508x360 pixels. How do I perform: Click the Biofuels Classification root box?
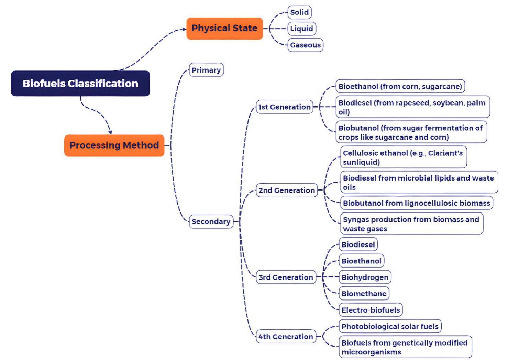click(80, 84)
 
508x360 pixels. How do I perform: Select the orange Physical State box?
click(224, 28)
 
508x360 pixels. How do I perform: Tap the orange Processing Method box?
click(114, 145)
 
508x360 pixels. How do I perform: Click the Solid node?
click(299, 12)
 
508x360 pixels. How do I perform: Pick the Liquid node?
click(301, 29)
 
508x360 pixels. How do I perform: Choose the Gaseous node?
click(305, 45)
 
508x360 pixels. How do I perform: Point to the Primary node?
click(206, 70)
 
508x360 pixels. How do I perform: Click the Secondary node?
click(211, 222)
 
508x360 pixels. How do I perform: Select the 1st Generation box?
click(284, 107)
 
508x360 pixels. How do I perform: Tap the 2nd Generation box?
click(286, 190)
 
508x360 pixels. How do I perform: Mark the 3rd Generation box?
click(286, 277)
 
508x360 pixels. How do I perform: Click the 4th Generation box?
click(286, 337)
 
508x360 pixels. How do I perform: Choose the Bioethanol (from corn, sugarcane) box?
click(400, 86)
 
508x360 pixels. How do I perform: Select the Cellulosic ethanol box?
click(403, 157)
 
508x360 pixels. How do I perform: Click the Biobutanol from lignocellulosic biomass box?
click(417, 203)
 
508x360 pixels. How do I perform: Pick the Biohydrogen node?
click(365, 277)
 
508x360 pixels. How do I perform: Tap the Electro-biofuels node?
click(371, 310)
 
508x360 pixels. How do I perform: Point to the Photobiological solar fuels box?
click(390, 326)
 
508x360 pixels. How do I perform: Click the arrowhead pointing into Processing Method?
click(110, 132)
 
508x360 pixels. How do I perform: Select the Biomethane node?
click(364, 294)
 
